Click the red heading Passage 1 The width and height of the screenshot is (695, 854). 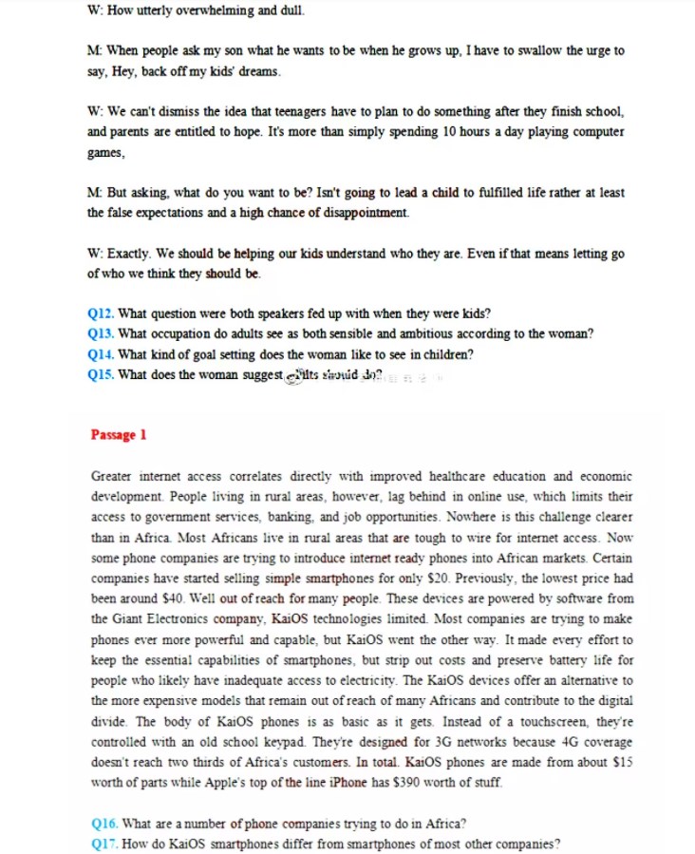point(119,435)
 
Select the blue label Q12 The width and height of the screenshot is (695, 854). point(101,313)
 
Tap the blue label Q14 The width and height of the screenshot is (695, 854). point(101,354)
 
